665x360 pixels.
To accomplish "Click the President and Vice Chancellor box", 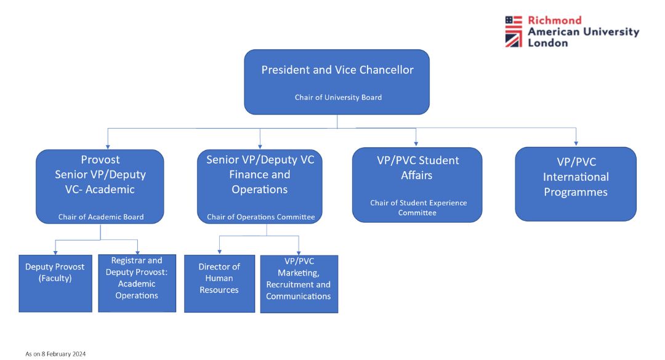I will (x=337, y=81).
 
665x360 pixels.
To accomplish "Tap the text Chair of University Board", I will (x=338, y=97).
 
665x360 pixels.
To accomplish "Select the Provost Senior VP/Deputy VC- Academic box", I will (x=100, y=185).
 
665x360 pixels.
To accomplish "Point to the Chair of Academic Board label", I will (x=101, y=217).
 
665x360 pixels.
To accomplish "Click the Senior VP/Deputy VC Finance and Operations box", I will (x=260, y=185).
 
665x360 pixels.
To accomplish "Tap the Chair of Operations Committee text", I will (x=260, y=217).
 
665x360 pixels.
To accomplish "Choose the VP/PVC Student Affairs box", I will (x=417, y=184).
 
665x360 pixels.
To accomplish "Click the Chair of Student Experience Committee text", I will (x=418, y=207).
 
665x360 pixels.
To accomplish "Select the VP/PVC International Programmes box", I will (x=575, y=183).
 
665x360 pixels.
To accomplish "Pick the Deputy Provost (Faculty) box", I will (x=55, y=283).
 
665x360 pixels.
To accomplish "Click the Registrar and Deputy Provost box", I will (x=137, y=283).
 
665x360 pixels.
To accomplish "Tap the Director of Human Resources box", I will (x=219, y=283).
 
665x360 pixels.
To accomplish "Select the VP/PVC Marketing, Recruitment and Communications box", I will (x=299, y=284).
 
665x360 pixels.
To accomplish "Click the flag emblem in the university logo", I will (x=514, y=31).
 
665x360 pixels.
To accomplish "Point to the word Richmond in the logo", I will (x=554, y=20).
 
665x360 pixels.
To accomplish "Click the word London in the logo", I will (x=548, y=43).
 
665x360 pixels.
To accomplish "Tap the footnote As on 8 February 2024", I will (x=55, y=354).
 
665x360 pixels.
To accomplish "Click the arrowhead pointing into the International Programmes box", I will (x=576, y=143).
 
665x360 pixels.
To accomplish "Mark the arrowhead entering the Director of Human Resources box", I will (x=219, y=252).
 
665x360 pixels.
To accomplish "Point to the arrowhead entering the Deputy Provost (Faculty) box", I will (x=55, y=252).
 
